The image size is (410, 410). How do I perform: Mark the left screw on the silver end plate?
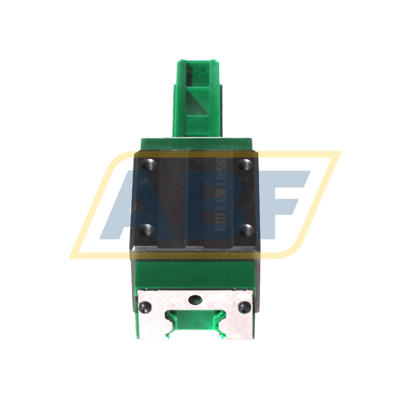[x=145, y=306]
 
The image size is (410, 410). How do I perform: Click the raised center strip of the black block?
[x=198, y=201]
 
